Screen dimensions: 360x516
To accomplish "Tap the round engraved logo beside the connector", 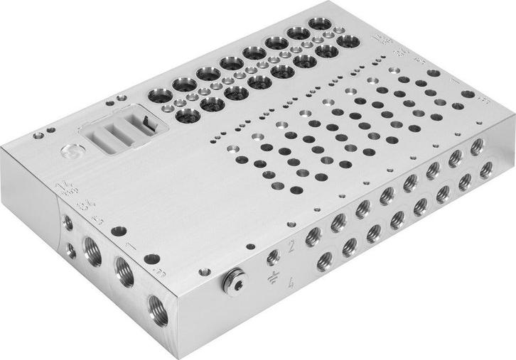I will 70,151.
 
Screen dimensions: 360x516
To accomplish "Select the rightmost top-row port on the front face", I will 477,146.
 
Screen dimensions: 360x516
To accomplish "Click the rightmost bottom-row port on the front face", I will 486,170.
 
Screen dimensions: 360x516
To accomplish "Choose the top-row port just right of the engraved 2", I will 313,236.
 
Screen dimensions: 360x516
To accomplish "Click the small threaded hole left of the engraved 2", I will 272,257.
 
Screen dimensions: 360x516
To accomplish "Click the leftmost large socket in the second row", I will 188,115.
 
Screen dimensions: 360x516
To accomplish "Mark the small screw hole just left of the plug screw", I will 204,272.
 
